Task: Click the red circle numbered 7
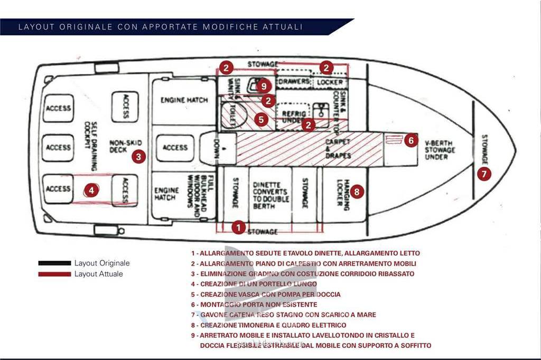[x=484, y=173]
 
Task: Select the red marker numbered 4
[x=92, y=190]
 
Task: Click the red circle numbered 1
[x=239, y=228]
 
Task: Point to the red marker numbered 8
[x=358, y=192]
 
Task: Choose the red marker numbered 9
[x=264, y=85]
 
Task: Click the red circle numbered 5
[x=261, y=119]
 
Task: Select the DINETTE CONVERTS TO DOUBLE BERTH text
[x=269, y=195]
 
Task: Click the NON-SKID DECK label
[x=121, y=146]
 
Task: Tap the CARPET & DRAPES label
[x=338, y=148]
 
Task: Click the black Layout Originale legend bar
[x=54, y=263]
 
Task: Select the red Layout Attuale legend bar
[x=54, y=274]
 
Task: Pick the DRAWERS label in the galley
[x=295, y=82]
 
